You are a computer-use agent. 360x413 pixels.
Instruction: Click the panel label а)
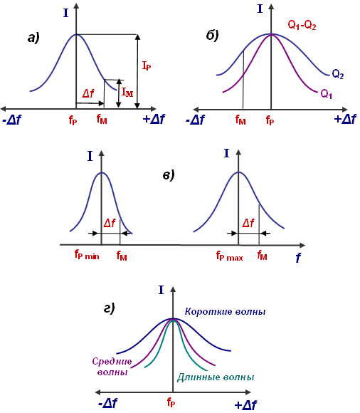(x=33, y=38)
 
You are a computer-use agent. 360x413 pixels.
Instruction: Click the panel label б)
(x=212, y=35)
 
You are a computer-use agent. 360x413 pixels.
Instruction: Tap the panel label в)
(x=169, y=175)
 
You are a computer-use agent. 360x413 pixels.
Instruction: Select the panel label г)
(x=110, y=308)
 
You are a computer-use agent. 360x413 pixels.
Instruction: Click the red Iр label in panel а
(x=147, y=66)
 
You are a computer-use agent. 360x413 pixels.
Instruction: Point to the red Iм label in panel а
(x=127, y=92)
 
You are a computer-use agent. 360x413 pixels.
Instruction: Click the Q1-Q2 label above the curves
(x=302, y=26)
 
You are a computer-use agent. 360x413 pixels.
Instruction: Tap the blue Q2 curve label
(x=338, y=74)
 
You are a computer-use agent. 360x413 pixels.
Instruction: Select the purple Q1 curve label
(x=327, y=94)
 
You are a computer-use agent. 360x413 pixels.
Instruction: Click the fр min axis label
(x=87, y=255)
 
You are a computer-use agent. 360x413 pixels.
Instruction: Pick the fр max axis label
(x=230, y=256)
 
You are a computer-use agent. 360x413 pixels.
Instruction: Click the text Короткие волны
(x=226, y=311)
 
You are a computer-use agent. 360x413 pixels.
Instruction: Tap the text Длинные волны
(x=216, y=377)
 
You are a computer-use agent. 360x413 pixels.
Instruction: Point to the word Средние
(x=112, y=361)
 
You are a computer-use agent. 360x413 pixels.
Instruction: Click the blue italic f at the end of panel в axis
(x=298, y=258)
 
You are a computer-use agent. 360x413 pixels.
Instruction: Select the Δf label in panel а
(x=88, y=93)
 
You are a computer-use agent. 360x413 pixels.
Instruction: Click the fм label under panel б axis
(x=240, y=120)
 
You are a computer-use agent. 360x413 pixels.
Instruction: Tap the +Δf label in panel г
(x=245, y=404)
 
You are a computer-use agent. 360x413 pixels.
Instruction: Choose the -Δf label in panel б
(x=195, y=120)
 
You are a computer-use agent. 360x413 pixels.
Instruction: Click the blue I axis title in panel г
(x=161, y=291)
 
